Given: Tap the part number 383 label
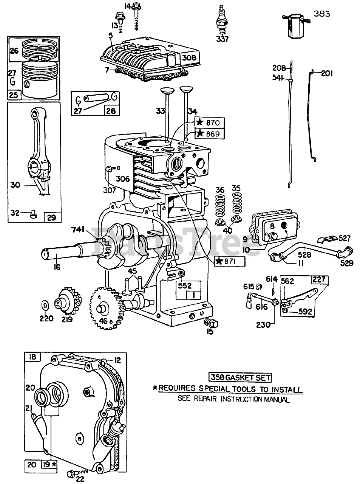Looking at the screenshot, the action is click(x=322, y=14).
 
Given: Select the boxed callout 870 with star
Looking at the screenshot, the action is click(x=209, y=123).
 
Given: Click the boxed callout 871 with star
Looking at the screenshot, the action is click(x=229, y=261).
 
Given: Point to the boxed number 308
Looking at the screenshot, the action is click(x=189, y=58).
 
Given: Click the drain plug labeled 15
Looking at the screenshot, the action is click(x=212, y=323).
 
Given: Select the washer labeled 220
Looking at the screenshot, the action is click(x=45, y=305).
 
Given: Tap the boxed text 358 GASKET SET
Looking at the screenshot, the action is click(x=240, y=377).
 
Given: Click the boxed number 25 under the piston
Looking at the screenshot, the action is click(x=14, y=95).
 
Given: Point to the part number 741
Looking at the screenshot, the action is click(x=79, y=230).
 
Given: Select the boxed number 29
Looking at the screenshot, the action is click(x=52, y=217).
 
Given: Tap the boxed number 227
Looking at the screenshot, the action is click(x=319, y=279).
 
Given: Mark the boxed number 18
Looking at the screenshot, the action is click(x=32, y=357).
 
